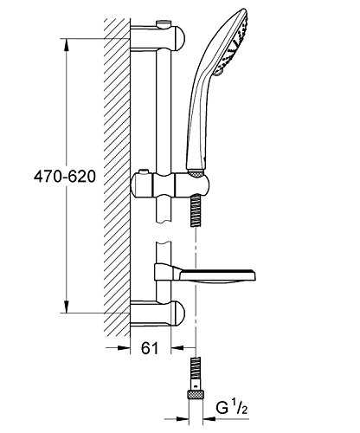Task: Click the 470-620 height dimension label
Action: pyautogui.click(x=64, y=177)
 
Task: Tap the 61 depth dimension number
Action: pyautogui.click(x=150, y=348)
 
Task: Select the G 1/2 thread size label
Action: pyautogui.click(x=232, y=408)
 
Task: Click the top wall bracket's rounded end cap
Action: pyautogui.click(x=179, y=38)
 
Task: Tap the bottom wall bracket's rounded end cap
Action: pyautogui.click(x=179, y=313)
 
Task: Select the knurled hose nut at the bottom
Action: pyautogui.click(x=196, y=394)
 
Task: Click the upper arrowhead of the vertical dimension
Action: pyautogui.click(x=67, y=46)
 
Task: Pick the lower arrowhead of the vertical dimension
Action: pyautogui.click(x=67, y=306)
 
